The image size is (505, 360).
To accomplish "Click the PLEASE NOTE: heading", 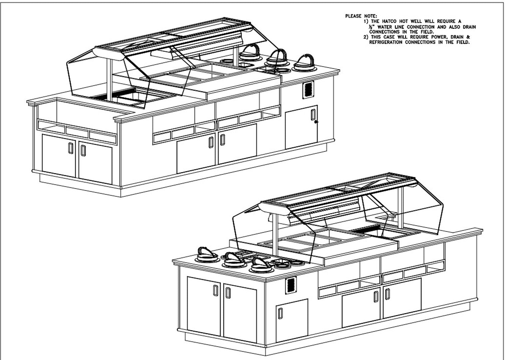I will (x=361, y=16).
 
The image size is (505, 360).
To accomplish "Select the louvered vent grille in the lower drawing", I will (x=290, y=285).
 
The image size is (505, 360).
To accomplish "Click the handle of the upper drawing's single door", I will (x=312, y=114).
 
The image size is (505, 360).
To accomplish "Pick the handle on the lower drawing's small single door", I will (x=280, y=314).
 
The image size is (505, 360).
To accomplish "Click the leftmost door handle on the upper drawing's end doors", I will (x=70, y=148).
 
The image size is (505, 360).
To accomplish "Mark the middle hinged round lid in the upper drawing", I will (x=276, y=58).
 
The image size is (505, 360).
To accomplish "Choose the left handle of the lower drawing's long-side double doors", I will (x=376, y=296).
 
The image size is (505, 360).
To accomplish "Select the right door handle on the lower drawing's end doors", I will (x=228, y=292).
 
